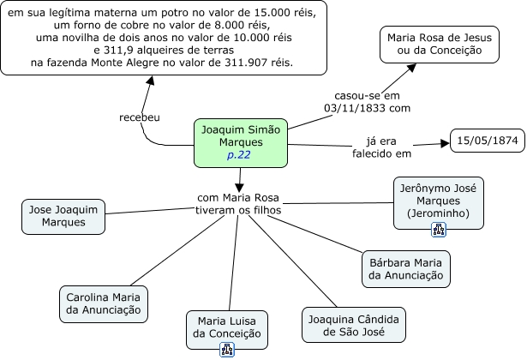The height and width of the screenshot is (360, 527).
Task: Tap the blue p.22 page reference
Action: [239, 155]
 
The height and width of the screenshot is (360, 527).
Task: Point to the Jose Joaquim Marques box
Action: [63, 216]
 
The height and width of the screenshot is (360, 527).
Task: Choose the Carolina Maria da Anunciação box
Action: [104, 303]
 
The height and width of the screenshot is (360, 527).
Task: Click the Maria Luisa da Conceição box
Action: [227, 327]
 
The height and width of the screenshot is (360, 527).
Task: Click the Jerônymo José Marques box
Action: [439, 199]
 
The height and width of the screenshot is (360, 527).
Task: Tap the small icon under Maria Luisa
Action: [227, 349]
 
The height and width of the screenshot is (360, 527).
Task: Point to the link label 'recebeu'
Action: [139, 117]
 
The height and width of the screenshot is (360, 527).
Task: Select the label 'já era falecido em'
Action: [382, 147]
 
